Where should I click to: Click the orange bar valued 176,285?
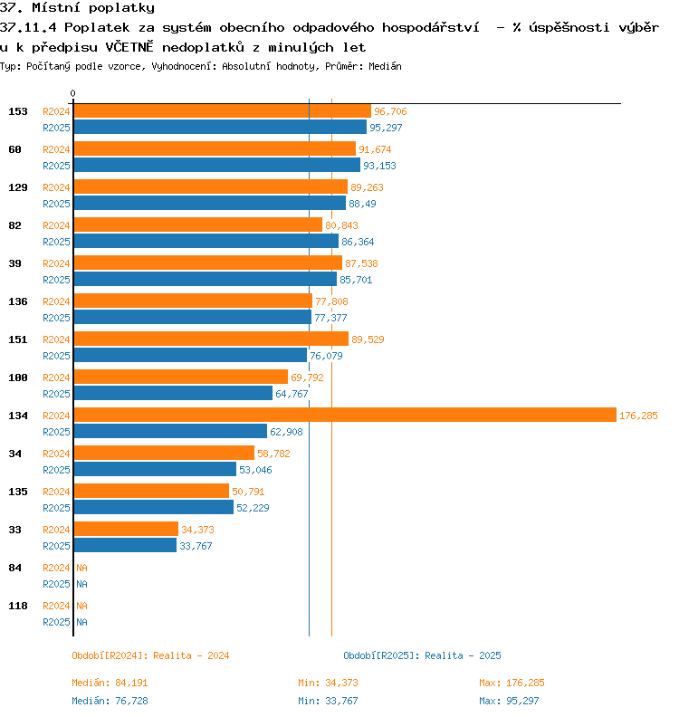click(345, 415)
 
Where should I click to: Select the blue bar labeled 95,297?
click(220, 127)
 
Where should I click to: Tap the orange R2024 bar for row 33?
click(126, 529)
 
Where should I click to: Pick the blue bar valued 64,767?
click(173, 393)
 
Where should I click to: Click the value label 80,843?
click(341, 225)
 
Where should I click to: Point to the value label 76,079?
click(326, 356)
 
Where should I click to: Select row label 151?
click(18, 339)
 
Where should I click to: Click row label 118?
click(18, 606)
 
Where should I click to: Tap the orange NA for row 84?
click(81, 568)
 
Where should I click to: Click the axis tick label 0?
click(72, 93)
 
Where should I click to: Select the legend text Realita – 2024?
click(191, 655)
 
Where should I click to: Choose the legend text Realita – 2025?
click(463, 655)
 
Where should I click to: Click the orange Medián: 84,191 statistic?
click(110, 683)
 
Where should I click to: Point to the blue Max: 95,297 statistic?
click(509, 701)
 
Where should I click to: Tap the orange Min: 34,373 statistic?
click(328, 683)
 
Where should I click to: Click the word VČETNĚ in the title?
click(129, 47)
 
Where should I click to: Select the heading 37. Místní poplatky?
click(77, 8)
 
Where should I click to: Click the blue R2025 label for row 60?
click(56, 166)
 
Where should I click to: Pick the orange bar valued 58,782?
click(164, 453)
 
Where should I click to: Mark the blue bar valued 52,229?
click(154, 507)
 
